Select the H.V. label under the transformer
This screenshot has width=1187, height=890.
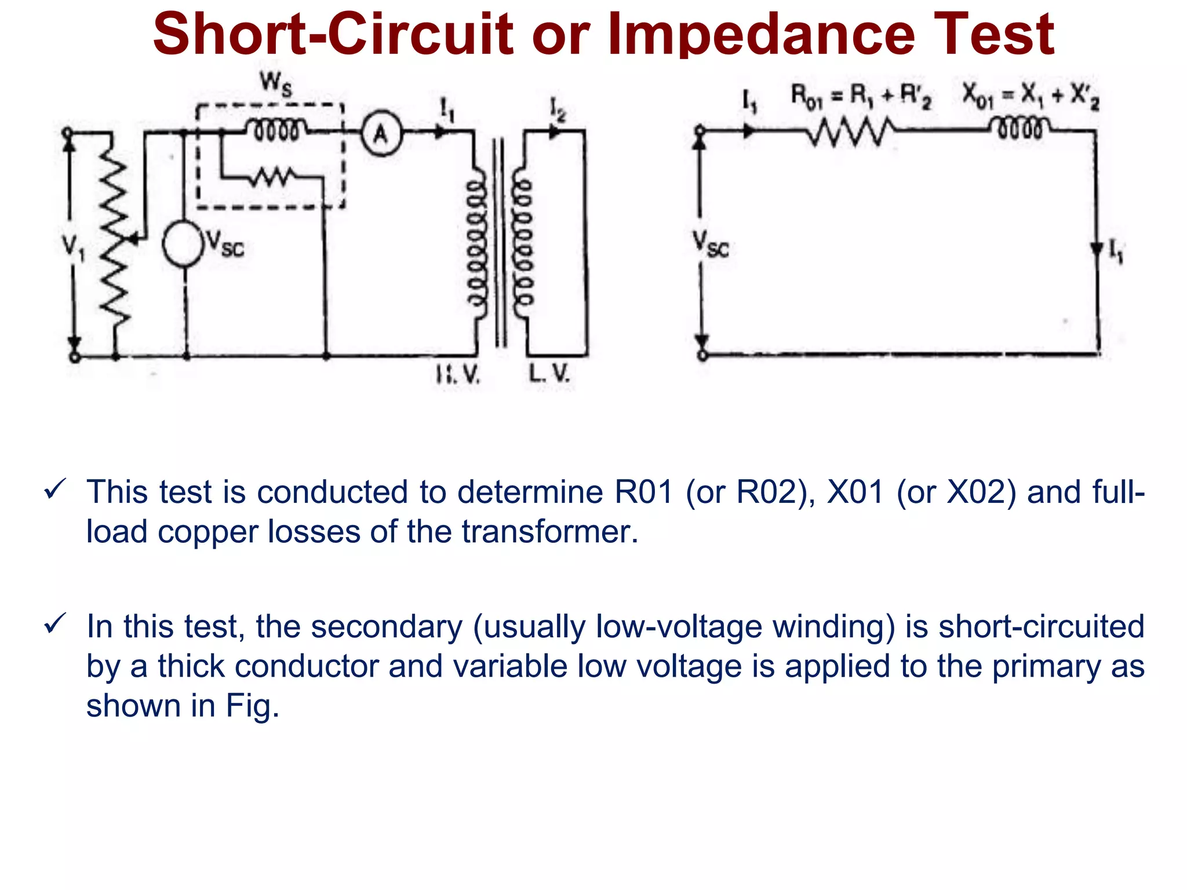click(x=458, y=375)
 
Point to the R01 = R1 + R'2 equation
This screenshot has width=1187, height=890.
click(x=861, y=96)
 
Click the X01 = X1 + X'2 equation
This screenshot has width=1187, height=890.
click(x=1031, y=95)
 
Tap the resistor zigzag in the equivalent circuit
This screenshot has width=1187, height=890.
click(x=850, y=132)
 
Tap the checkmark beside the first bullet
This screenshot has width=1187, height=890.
click(x=55, y=490)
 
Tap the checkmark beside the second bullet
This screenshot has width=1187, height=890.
click(x=55, y=624)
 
